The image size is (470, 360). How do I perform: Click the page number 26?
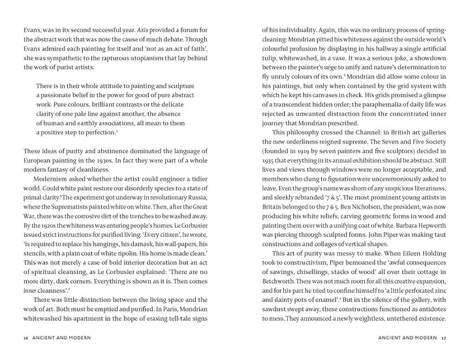click(24, 338)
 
